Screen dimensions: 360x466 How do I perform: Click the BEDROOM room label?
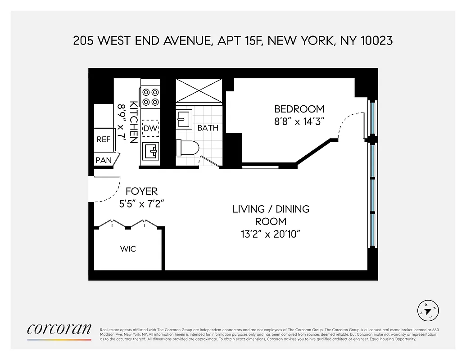click(299, 109)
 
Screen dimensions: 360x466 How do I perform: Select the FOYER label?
click(141, 191)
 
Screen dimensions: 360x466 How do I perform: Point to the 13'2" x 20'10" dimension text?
click(271, 234)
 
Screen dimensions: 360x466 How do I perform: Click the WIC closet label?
click(128, 249)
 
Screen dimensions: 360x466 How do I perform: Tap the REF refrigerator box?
click(104, 139)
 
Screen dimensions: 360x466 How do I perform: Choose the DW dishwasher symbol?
click(151, 129)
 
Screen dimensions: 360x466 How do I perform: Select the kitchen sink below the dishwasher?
click(151, 151)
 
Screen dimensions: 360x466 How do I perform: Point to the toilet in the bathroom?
click(188, 147)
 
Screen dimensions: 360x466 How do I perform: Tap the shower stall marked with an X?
click(199, 91)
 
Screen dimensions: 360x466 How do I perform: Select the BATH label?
click(208, 128)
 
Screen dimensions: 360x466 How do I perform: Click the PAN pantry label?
click(104, 160)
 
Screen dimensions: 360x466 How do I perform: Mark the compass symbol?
click(428, 310)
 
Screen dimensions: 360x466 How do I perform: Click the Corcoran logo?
click(59, 329)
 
